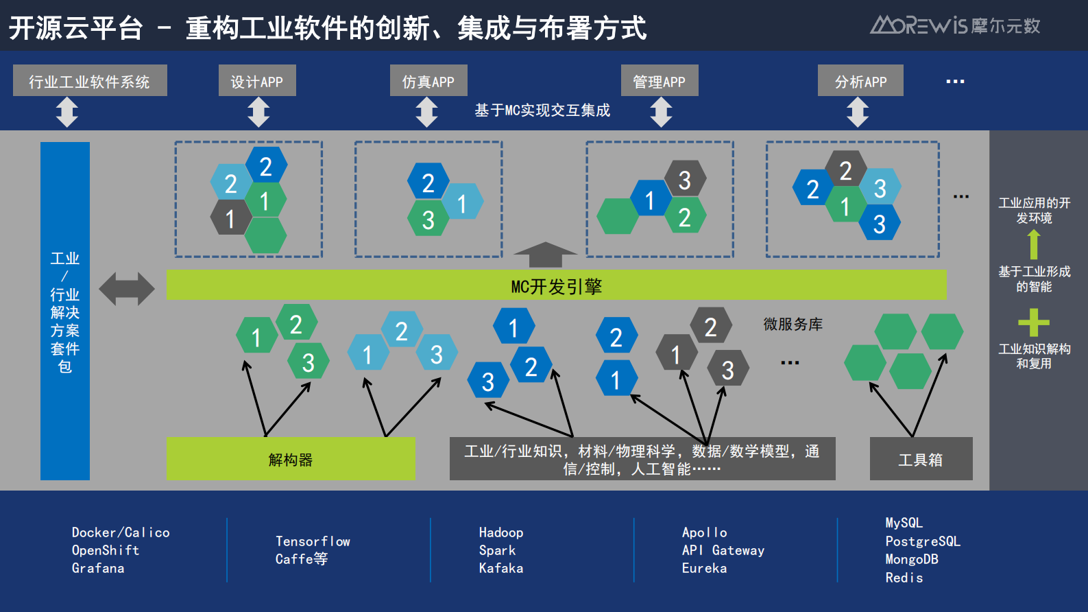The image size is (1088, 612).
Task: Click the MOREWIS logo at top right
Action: click(x=955, y=25)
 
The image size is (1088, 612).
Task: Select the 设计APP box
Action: click(x=257, y=81)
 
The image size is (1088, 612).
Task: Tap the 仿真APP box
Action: click(x=428, y=81)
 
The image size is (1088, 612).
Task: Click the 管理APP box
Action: click(x=660, y=81)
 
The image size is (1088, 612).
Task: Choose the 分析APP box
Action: click(x=860, y=81)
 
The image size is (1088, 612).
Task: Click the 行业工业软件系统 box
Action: click(x=90, y=81)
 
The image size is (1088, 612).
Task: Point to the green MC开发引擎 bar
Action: click(x=556, y=285)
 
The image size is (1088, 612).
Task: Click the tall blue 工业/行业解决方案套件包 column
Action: click(x=65, y=311)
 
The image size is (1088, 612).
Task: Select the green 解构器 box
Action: click(x=291, y=459)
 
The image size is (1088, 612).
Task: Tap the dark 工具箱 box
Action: click(x=921, y=459)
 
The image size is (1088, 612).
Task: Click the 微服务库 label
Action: click(x=793, y=324)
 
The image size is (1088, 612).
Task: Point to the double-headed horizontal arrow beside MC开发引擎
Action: click(x=127, y=289)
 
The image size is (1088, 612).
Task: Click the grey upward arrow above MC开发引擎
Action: click(x=545, y=255)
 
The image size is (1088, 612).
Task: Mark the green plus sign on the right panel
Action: click(x=1034, y=322)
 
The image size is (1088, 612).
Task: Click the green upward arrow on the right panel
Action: click(x=1034, y=244)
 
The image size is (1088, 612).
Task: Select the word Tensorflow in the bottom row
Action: click(x=313, y=541)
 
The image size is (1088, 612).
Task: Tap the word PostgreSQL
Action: click(x=923, y=541)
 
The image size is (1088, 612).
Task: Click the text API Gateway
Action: click(x=723, y=550)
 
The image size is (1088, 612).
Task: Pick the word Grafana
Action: click(x=98, y=568)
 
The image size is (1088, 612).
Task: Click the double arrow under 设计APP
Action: click(x=258, y=112)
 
